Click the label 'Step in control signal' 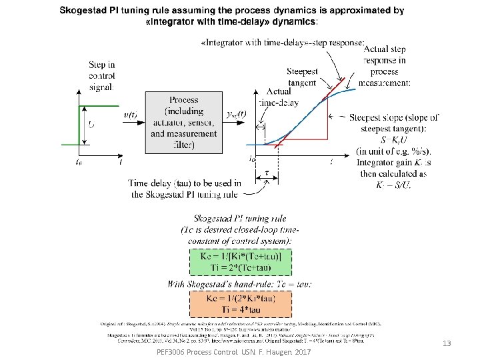(x=102, y=75)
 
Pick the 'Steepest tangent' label (x=302, y=77)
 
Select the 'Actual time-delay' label (x=279, y=97)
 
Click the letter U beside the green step (x=91, y=123)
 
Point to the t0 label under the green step (x=80, y=161)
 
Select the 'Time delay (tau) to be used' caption (x=183, y=188)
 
